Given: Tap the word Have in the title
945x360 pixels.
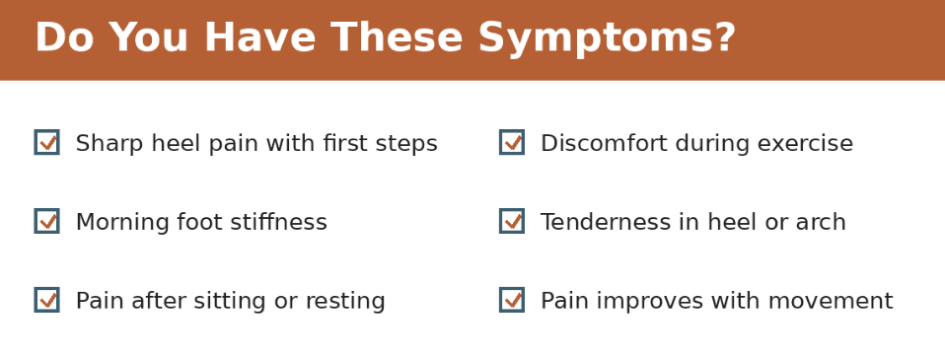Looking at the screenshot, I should [258, 39].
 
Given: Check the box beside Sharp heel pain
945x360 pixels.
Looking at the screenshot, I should [46, 142].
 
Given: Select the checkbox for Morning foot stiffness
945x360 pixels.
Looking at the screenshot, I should [46, 221].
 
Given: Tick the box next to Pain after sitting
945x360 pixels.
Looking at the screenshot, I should [46, 300].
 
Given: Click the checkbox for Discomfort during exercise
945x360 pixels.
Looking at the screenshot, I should [512, 142].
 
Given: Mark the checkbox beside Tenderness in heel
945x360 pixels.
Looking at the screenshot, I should [512, 221].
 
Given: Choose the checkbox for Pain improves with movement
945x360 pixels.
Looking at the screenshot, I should [512, 300].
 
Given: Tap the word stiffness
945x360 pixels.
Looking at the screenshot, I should [280, 223].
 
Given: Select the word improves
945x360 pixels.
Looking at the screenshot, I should [642, 302].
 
